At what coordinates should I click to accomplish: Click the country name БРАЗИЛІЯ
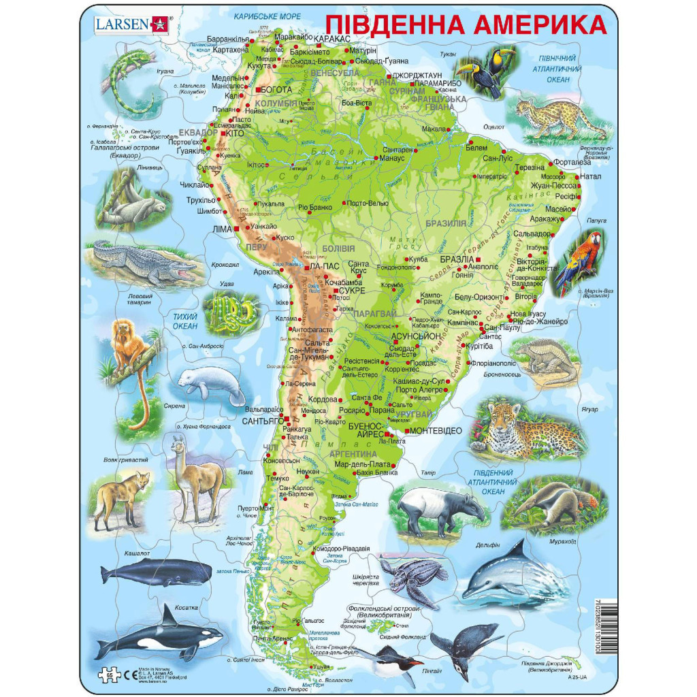446,223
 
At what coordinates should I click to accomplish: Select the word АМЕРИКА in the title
538,25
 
